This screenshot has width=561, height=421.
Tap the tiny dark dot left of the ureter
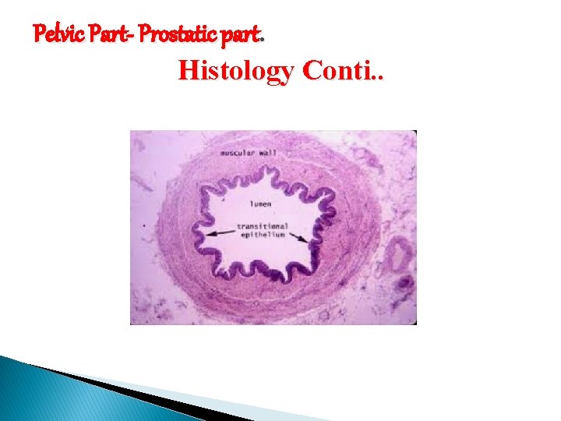tap(144, 226)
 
